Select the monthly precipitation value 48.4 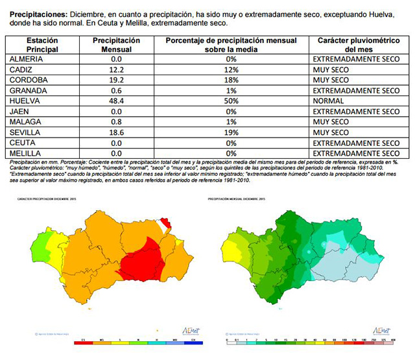pos(117,101)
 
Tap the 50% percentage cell pos(231,101)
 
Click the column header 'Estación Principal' pos(43,45)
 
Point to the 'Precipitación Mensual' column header pos(117,45)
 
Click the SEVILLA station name pos(25,132)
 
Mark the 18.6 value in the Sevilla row pos(117,132)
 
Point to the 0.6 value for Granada pos(117,91)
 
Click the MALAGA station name pos(25,122)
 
